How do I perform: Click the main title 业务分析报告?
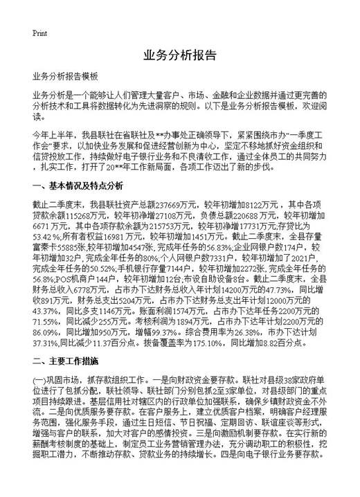tap(179, 55)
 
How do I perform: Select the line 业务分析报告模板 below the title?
tap(66, 77)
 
